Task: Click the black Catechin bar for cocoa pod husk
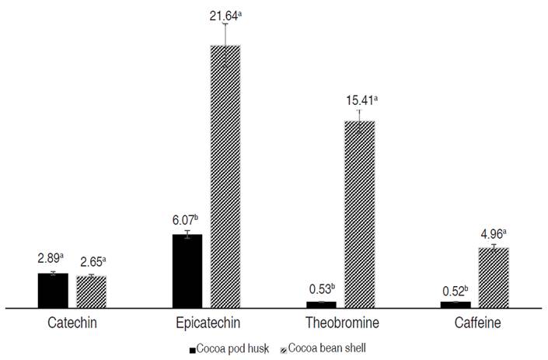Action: (x=52, y=291)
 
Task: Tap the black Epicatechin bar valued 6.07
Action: (x=187, y=271)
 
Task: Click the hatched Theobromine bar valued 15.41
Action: (x=360, y=215)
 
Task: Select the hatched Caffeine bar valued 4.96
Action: (x=494, y=278)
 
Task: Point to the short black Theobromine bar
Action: (x=321, y=305)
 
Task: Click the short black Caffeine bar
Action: (x=456, y=305)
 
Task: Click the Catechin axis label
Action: (x=72, y=323)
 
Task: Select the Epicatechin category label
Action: (x=206, y=323)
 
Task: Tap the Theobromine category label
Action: (x=340, y=323)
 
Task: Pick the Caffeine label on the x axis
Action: (x=474, y=323)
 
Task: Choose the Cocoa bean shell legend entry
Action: (x=327, y=349)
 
